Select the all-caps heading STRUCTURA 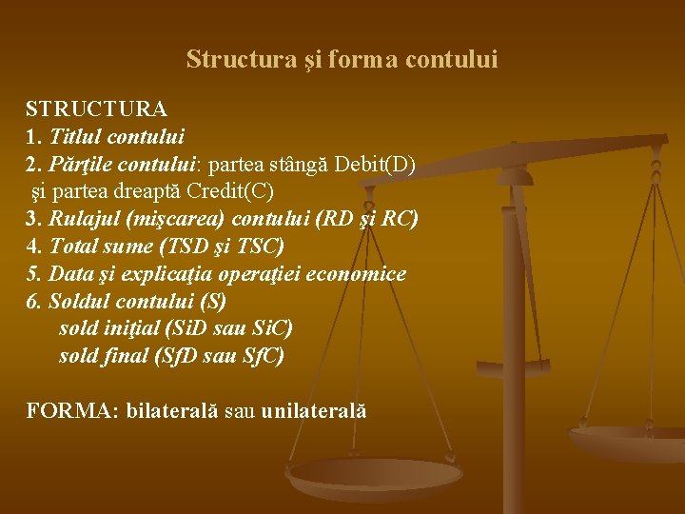click(96, 109)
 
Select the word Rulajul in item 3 click(85, 219)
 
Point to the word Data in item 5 click(71, 274)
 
